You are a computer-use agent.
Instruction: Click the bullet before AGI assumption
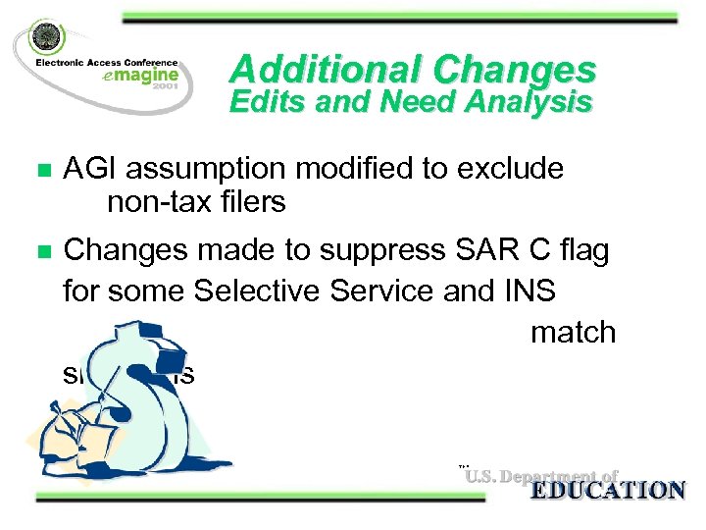pos(42,171)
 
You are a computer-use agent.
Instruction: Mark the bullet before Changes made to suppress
pos(42,252)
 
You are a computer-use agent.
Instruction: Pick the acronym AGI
pos(89,169)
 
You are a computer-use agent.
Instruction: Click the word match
pos(573,333)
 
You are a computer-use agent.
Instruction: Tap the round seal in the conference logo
pos(45,39)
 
